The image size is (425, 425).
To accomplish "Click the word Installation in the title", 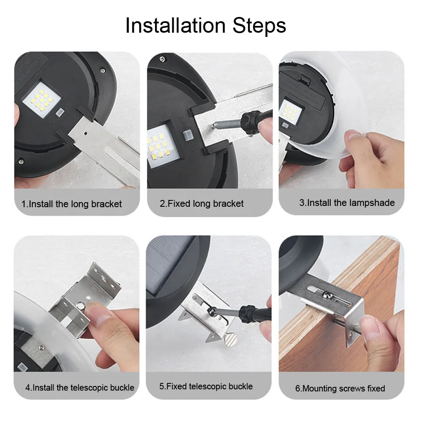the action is (x=175, y=25).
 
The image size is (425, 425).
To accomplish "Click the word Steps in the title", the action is (x=259, y=25).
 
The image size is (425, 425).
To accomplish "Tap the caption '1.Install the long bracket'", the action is (x=72, y=204).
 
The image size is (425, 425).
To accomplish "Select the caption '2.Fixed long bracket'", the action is (x=202, y=203).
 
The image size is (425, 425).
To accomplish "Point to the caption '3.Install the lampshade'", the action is (x=347, y=203).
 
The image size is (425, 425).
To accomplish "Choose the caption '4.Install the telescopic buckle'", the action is (x=80, y=387).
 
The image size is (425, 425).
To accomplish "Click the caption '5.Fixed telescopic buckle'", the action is (x=206, y=386).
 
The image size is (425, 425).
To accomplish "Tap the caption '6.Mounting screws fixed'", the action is (x=340, y=388).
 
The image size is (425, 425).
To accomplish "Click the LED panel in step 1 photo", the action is (x=41, y=100).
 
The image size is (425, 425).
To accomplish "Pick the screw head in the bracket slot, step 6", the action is (x=327, y=294).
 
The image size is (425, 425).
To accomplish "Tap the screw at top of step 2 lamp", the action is (x=162, y=59).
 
